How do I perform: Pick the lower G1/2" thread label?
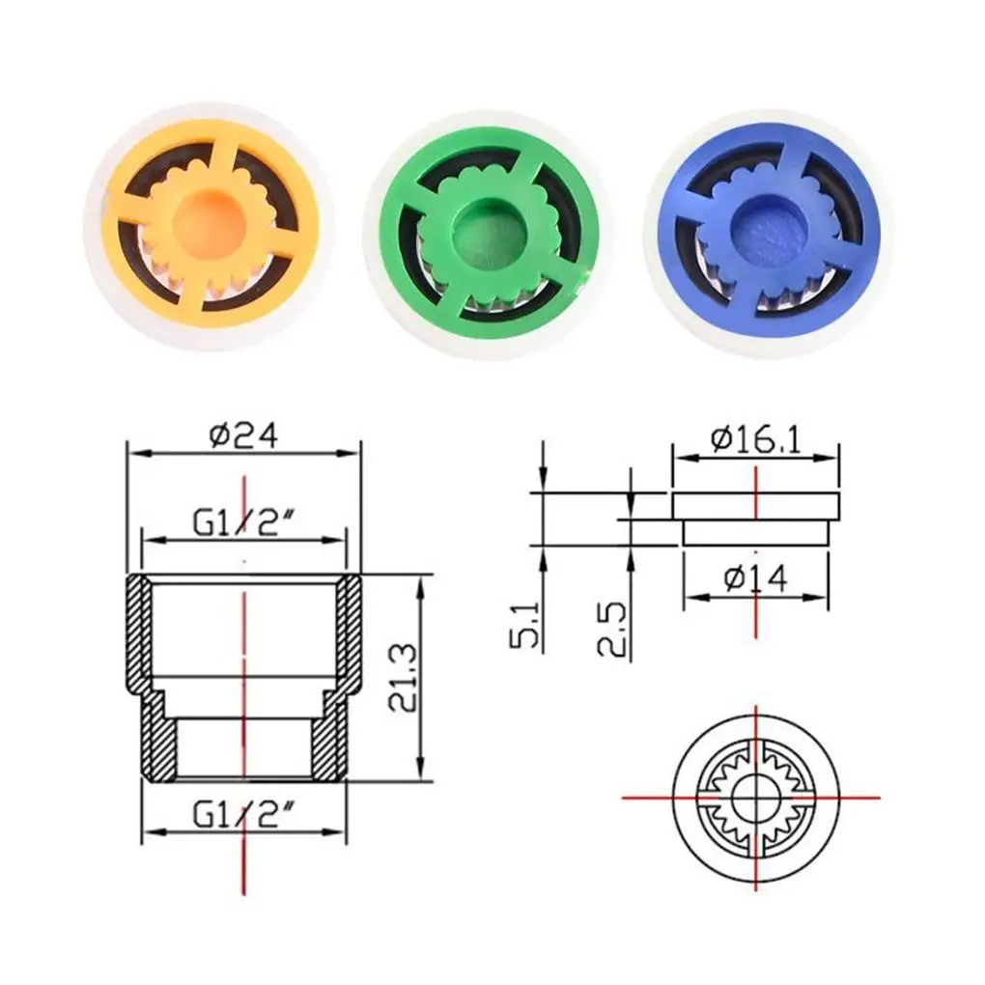243,814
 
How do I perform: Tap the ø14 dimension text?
755,577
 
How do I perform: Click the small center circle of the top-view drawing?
751,798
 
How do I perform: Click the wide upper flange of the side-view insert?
755,505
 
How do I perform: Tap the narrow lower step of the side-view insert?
755,533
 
